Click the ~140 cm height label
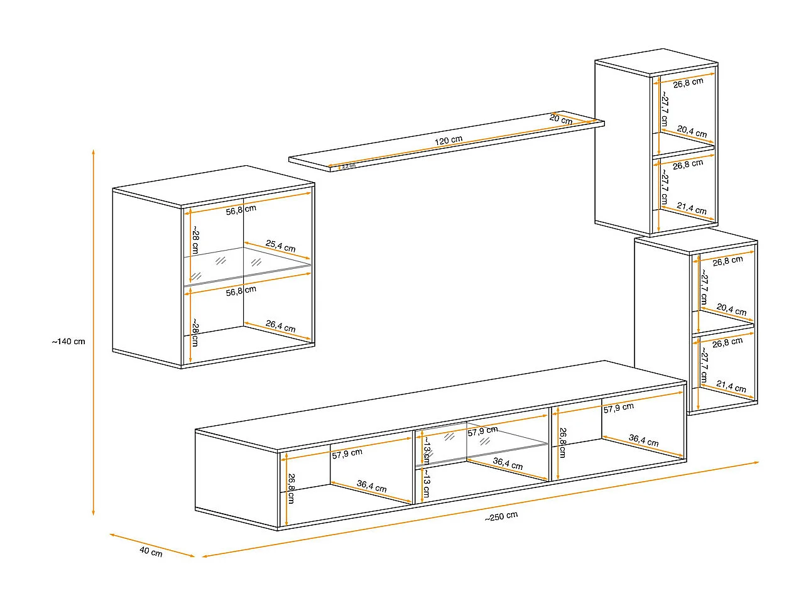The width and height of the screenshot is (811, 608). pos(68,342)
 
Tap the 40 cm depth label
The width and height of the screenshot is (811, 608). pos(151,552)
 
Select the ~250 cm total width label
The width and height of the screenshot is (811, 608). pos(501,516)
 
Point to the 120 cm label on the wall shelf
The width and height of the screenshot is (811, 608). pos(449,140)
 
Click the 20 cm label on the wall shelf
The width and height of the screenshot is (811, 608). pos(561,119)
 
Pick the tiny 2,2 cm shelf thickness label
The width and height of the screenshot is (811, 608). pos(349,166)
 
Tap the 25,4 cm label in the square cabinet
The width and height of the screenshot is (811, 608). pos(280,246)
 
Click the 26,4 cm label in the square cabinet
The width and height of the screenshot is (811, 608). pos(280,326)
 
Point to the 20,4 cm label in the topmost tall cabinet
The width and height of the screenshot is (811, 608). pos(692,131)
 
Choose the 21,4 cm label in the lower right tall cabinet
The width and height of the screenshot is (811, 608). pos(731,386)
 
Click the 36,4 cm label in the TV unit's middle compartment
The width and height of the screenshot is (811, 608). pos(508,464)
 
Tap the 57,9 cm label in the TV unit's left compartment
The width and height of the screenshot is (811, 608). pos(347,453)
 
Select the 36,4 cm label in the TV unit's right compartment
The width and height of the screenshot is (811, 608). pos(643,440)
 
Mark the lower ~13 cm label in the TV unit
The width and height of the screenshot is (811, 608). pos(426,483)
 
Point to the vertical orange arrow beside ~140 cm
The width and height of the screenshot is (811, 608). pos(94,333)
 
